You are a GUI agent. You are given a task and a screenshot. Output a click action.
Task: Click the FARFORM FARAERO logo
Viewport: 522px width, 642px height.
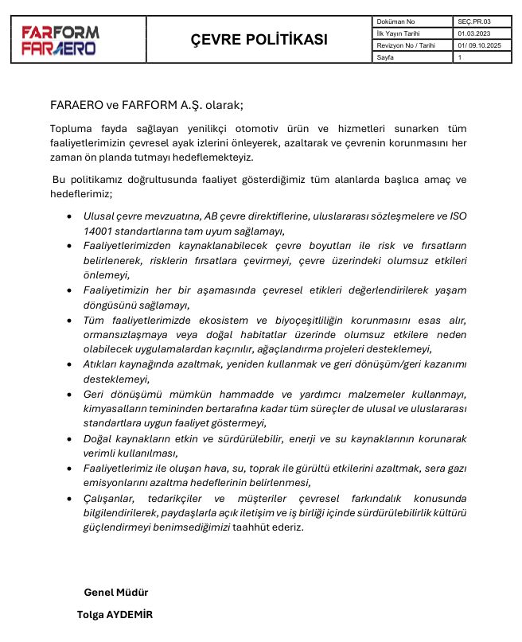[x=60, y=41]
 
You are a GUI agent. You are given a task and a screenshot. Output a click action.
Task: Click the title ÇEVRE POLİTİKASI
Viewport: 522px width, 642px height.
[x=259, y=40]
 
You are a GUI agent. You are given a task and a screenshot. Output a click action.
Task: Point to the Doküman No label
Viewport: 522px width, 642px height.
[x=396, y=21]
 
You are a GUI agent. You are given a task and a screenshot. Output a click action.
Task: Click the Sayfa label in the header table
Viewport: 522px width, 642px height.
[x=386, y=57]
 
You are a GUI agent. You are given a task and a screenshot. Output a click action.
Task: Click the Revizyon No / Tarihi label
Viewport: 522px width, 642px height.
[x=407, y=45]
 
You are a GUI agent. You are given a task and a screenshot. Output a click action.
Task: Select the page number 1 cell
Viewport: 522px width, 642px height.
[x=461, y=57]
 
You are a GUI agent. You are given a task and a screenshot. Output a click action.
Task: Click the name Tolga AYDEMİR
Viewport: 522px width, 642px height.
[x=115, y=615]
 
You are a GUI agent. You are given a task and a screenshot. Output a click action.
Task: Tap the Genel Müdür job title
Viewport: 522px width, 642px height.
[x=116, y=593]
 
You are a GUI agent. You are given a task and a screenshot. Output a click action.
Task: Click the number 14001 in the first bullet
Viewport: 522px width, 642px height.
[x=99, y=231]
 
